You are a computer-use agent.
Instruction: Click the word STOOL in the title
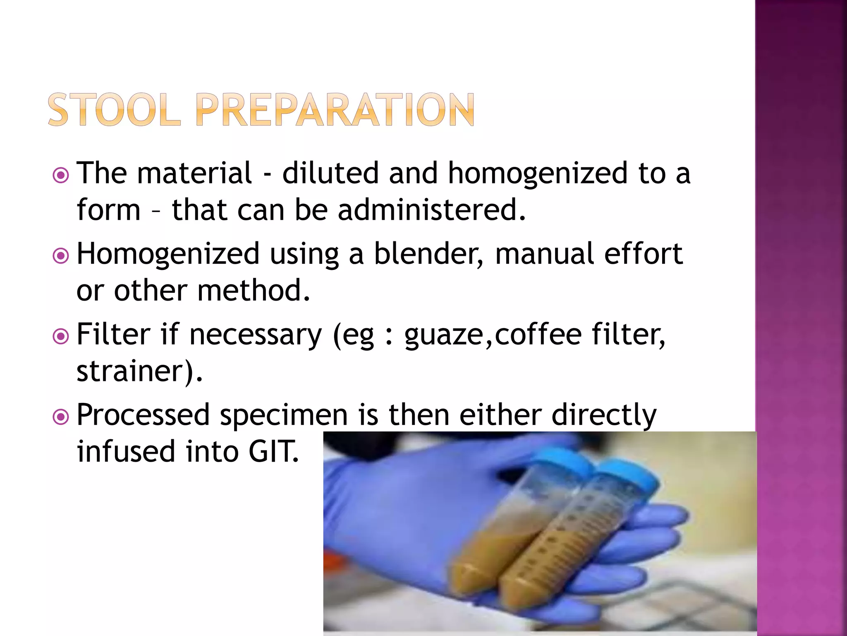[x=114, y=110]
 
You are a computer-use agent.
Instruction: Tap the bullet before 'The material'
[x=61, y=176]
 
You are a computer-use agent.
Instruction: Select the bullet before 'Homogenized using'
[x=61, y=256]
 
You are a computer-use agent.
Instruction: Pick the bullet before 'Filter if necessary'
[x=61, y=336]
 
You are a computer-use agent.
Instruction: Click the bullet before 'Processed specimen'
[x=61, y=417]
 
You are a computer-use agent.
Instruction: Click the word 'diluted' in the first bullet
[x=330, y=173]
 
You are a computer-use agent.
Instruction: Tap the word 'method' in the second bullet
[x=253, y=290]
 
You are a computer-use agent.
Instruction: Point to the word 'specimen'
[x=283, y=415]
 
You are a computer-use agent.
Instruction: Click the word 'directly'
[x=604, y=415]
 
